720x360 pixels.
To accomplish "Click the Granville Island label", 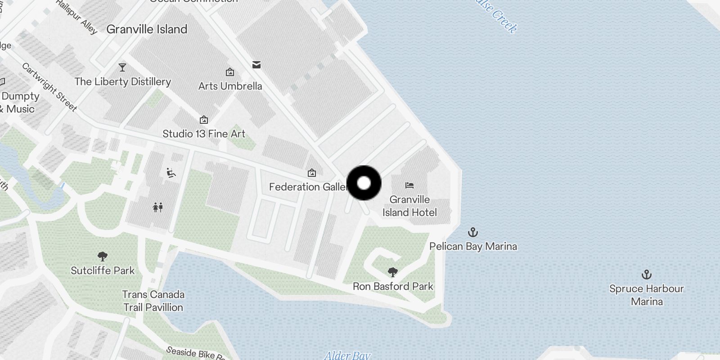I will click(x=147, y=29).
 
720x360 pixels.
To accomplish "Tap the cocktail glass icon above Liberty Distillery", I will click(x=122, y=67).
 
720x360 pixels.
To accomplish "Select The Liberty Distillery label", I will click(x=123, y=81).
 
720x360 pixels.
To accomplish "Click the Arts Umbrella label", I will click(x=230, y=86).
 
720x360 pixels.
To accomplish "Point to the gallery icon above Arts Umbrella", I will click(x=230, y=72).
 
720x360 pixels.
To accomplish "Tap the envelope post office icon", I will click(x=256, y=65).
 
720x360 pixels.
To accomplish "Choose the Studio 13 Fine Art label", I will click(x=204, y=134).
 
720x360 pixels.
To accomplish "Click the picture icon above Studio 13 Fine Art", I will click(x=204, y=120).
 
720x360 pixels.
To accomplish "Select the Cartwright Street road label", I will click(x=49, y=87).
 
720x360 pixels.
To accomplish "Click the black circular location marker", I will click(x=364, y=183).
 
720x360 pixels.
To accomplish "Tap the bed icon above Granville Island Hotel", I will click(x=409, y=185).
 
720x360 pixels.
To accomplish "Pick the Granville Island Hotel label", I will click(x=409, y=206).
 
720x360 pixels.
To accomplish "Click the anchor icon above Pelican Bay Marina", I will click(x=472, y=232).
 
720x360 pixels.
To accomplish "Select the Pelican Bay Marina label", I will click(x=473, y=246).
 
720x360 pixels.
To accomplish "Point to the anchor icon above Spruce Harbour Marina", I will click(x=646, y=274).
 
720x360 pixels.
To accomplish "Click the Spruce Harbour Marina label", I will click(x=646, y=295).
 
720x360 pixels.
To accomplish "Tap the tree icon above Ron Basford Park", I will click(x=393, y=272).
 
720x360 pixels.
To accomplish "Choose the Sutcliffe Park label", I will click(x=103, y=270).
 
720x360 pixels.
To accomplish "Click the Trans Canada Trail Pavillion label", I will click(x=153, y=301).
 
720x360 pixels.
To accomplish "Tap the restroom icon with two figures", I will click(x=157, y=207).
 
